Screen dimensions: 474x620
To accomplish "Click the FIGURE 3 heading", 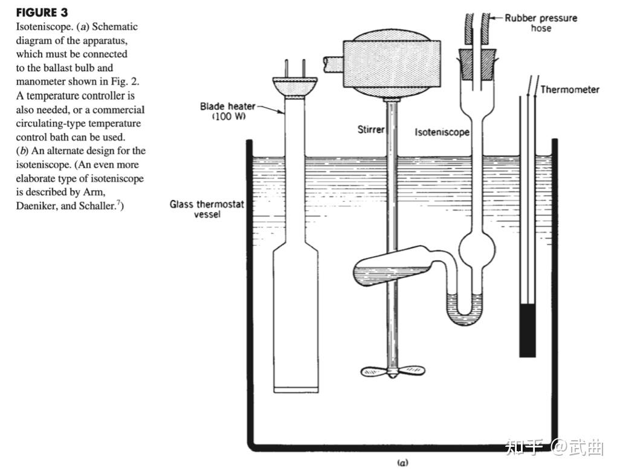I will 42,13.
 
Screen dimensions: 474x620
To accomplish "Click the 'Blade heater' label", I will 227,107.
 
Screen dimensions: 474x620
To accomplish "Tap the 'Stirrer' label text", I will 370,130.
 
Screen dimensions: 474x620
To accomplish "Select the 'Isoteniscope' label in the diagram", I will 442,132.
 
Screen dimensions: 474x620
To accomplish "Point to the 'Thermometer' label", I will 569,90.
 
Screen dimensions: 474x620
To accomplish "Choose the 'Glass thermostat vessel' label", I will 207,209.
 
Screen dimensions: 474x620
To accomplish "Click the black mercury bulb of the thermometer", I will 528,330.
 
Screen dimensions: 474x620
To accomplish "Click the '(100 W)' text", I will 229,117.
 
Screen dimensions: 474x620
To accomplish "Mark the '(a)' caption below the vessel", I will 402,463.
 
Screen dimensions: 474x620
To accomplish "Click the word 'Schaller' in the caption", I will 95,206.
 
